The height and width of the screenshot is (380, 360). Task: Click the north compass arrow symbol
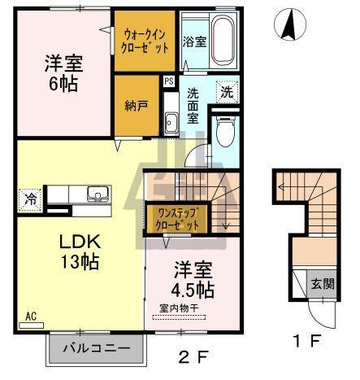(x=288, y=27)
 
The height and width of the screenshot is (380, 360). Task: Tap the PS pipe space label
(x=169, y=81)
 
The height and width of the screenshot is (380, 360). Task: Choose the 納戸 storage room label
(x=136, y=105)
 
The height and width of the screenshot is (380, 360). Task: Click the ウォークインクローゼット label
(x=146, y=41)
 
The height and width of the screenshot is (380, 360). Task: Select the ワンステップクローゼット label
(x=176, y=218)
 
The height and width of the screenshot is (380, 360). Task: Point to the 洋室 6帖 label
(x=61, y=72)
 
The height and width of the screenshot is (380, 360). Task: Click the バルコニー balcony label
(x=96, y=348)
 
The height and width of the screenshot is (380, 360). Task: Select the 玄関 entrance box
(x=322, y=284)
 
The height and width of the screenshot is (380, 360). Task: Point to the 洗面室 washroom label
(x=193, y=104)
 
